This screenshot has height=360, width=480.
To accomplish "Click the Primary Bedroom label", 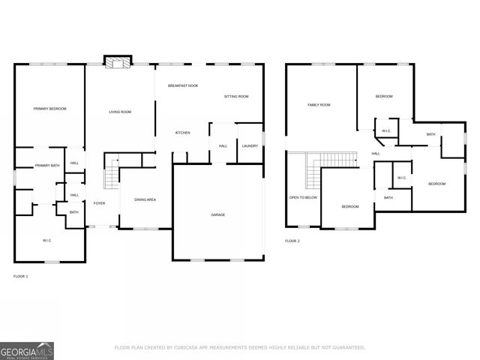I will pyautogui.click(x=49, y=109).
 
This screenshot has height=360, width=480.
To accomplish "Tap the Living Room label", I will pyautogui.click(x=120, y=112).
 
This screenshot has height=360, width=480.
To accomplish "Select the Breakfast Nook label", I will pyautogui.click(x=183, y=86).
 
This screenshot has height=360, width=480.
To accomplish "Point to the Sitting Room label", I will pyautogui.click(x=236, y=97).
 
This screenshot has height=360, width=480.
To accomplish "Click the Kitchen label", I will pyautogui.click(x=182, y=133).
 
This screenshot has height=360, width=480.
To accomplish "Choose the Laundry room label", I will pyautogui.click(x=250, y=145).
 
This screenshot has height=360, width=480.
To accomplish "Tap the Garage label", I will pyautogui.click(x=217, y=214).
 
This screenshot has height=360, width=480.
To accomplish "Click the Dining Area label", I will pyautogui.click(x=145, y=199).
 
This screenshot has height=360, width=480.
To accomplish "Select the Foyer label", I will pyautogui.click(x=99, y=203).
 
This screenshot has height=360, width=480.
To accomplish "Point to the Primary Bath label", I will pyautogui.click(x=47, y=166).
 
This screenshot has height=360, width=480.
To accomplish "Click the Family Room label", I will pyautogui.click(x=319, y=105).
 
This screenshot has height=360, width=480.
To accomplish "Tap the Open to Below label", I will pyautogui.click(x=303, y=197).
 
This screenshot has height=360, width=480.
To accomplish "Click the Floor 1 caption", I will pyautogui.click(x=20, y=277).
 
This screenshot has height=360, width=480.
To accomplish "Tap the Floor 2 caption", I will pyautogui.click(x=292, y=241).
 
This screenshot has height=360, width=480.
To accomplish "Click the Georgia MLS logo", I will pyautogui.click(x=26, y=349).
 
